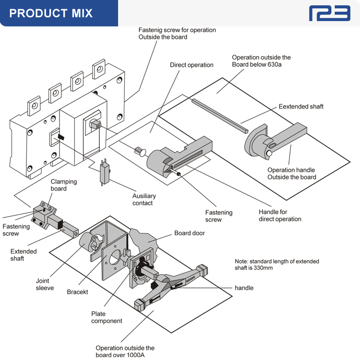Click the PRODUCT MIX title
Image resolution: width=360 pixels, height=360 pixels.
coord(51,13)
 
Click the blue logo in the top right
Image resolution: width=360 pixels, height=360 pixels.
coord(329,13)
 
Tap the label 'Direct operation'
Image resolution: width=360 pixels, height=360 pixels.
coord(192,65)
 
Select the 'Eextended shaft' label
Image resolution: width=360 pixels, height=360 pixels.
coord(301,106)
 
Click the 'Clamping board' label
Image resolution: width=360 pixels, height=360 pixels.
coord(64,185)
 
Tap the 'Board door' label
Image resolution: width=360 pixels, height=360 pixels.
coord(190,233)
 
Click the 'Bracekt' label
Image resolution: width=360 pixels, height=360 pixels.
coord(77,292)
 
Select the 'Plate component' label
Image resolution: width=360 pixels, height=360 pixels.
coord(107,317)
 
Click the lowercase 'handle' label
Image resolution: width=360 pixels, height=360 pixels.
coord(244,288)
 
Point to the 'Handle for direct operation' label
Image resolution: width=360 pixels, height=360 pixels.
coord(280,216)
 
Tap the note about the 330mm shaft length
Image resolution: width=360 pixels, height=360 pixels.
coord(276,264)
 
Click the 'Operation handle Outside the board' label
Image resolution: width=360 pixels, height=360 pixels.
coord(292,173)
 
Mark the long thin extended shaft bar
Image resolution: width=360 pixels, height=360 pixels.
coord(218,115)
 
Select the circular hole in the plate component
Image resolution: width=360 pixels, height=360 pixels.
coord(115,260)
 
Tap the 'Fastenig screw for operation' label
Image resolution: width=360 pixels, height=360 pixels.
coord(177,34)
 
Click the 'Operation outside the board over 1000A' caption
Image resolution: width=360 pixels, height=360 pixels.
coord(125,351)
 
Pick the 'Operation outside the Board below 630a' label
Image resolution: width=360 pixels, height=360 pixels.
coord(261,61)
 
